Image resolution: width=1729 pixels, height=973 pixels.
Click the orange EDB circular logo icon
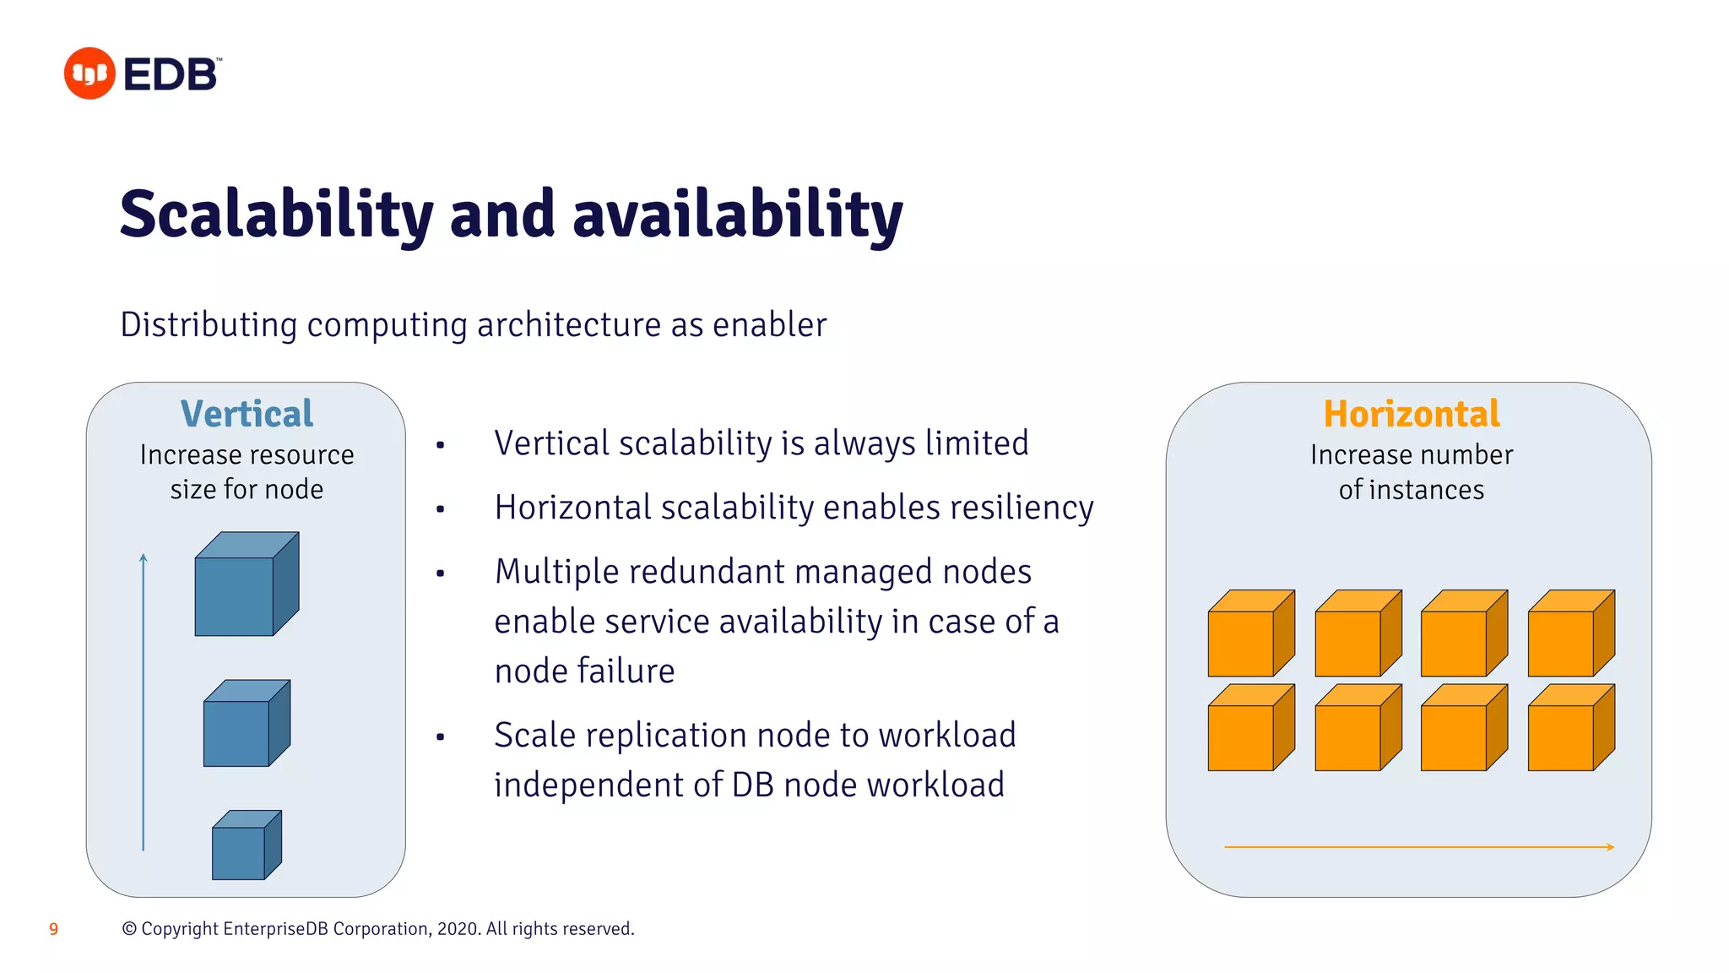(x=89, y=73)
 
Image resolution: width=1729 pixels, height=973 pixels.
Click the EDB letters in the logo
(x=171, y=74)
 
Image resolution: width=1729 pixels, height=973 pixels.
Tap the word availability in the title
(x=737, y=215)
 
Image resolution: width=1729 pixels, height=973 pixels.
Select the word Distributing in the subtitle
(x=209, y=325)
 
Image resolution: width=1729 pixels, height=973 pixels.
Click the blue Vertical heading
(x=247, y=414)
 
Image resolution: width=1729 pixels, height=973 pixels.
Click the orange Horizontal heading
(x=1411, y=414)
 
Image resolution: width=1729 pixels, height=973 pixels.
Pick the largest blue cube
(x=245, y=584)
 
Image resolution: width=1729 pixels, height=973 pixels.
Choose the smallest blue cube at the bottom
(x=246, y=845)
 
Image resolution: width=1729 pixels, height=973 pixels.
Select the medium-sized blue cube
(x=246, y=724)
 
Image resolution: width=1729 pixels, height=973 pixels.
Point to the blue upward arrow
(x=144, y=701)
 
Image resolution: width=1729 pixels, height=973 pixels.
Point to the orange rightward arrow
(x=1418, y=846)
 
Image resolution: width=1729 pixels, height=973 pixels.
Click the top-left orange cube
(x=1249, y=634)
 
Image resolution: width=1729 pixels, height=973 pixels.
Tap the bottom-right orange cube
(x=1569, y=729)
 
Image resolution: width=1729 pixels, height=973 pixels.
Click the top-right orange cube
(x=1569, y=634)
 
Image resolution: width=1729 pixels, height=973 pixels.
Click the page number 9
(x=54, y=929)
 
